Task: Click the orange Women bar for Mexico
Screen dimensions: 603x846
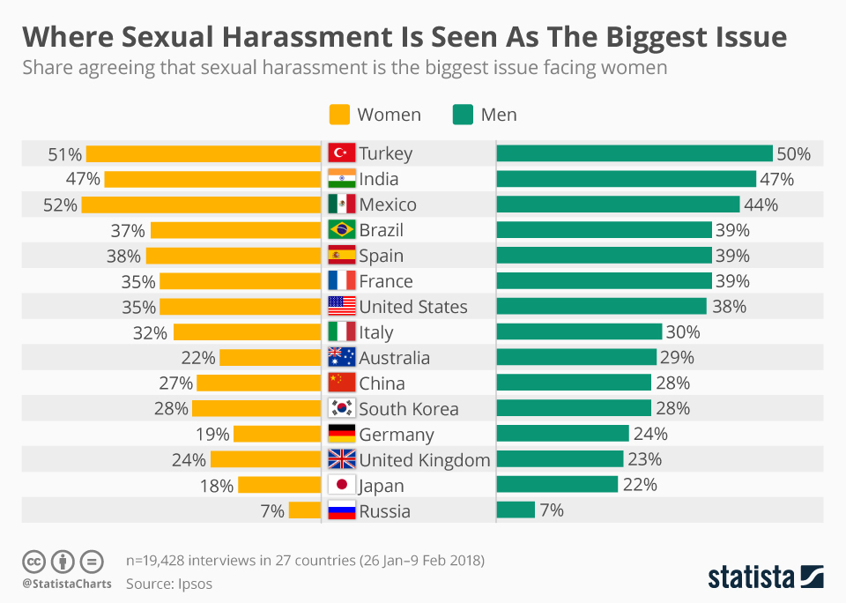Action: pos(201,205)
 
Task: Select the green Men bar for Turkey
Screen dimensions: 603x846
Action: pos(634,153)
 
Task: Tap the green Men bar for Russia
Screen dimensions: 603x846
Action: pos(516,510)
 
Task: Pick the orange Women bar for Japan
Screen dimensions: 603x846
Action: pos(279,485)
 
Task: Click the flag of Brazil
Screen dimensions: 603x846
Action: pos(341,230)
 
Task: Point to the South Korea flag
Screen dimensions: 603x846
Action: pos(341,409)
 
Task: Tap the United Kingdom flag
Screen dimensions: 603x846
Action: pos(341,459)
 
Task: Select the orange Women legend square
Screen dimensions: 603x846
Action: pos(339,115)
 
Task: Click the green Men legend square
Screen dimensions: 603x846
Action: pos(463,115)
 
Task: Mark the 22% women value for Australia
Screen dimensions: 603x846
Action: pos(198,358)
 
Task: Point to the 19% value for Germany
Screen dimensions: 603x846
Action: pos(212,435)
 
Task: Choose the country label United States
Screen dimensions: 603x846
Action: pos(412,307)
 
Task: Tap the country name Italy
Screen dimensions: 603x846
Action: pos(376,332)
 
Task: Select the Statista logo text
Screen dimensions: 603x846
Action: pos(750,577)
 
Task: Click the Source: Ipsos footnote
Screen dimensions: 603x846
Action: pos(169,584)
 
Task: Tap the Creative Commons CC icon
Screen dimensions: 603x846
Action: pos(33,561)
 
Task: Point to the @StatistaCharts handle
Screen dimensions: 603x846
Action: pos(66,584)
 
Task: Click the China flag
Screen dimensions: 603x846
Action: pos(341,383)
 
